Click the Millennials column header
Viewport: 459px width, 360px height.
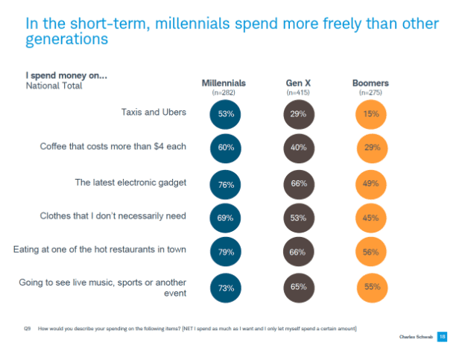point(224,83)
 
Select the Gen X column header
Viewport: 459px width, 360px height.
point(298,83)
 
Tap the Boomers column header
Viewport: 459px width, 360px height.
point(370,83)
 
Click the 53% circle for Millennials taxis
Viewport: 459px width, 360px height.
point(226,114)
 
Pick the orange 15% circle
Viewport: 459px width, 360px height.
point(370,114)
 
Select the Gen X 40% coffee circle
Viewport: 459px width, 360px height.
point(298,148)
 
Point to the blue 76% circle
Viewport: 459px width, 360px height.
point(226,183)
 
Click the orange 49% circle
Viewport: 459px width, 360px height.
point(370,183)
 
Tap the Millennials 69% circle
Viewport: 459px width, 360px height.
point(226,218)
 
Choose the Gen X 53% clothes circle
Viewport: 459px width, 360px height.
point(298,218)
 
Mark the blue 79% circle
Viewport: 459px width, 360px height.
point(226,252)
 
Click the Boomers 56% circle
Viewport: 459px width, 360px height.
point(370,252)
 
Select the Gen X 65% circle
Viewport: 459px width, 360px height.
point(298,287)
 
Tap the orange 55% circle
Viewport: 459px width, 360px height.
point(370,287)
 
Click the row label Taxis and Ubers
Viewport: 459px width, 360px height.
point(153,113)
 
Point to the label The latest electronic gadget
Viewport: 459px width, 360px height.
point(130,182)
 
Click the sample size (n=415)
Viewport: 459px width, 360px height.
point(298,92)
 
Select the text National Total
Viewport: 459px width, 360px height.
point(54,86)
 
